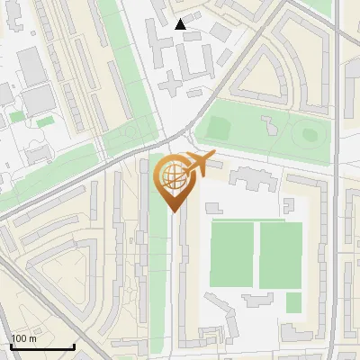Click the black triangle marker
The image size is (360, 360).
point(181,24)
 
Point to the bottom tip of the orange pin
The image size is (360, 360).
point(172,211)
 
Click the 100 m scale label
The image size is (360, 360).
point(24,338)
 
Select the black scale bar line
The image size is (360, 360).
point(41,346)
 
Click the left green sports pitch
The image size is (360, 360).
point(232,255)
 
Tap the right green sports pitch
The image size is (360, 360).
point(281,255)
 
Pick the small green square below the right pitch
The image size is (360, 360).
point(293,302)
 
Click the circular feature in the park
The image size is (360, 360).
point(310,135)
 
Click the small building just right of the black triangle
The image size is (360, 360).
point(220,31)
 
